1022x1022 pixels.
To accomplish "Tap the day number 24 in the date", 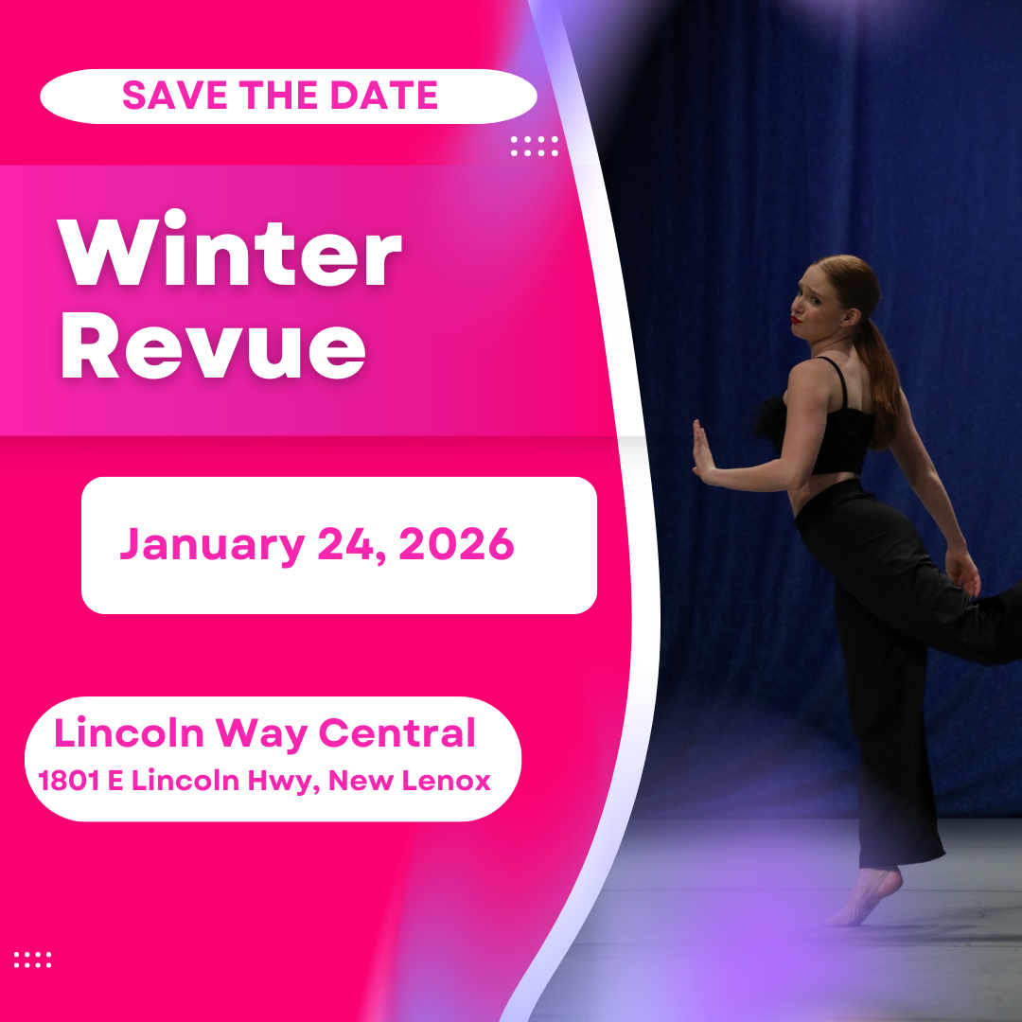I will (x=351, y=544).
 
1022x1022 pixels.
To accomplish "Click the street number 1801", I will (x=69, y=782).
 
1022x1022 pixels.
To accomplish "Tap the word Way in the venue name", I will (x=263, y=735).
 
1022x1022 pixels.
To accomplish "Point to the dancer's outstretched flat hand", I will (x=701, y=452).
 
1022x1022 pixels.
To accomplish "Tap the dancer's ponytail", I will (x=884, y=379).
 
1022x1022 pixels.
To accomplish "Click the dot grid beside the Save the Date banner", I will (x=535, y=146).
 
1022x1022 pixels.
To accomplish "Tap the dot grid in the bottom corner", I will (x=32, y=960).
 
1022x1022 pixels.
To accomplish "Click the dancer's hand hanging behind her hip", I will (x=964, y=572).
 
